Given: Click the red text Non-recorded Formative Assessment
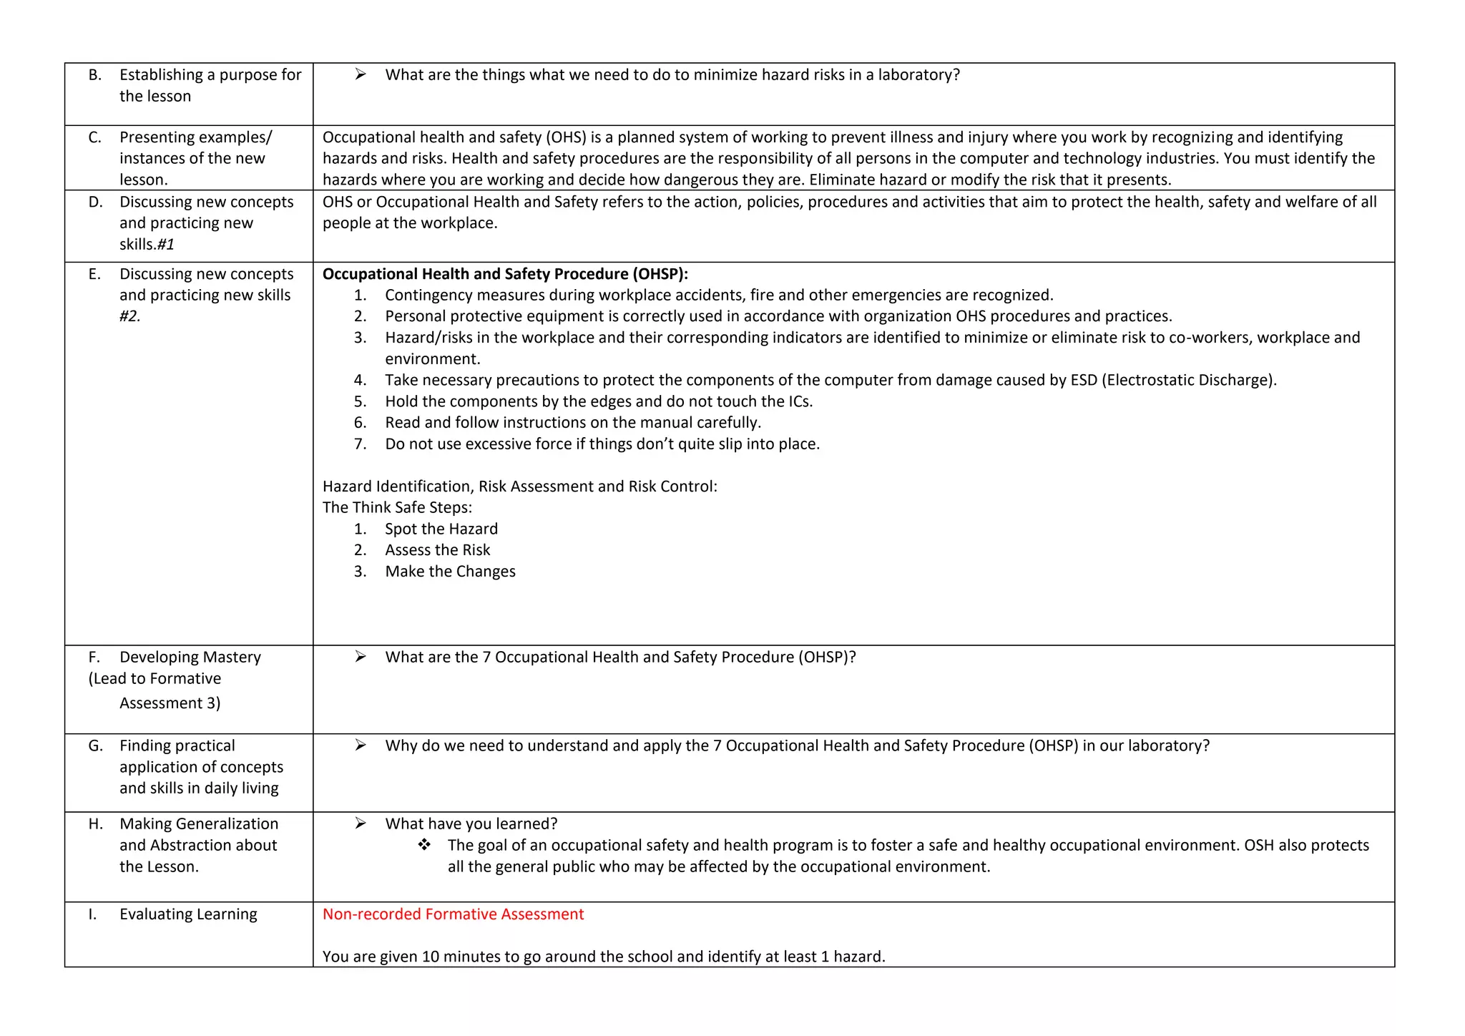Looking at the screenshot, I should pyautogui.click(x=453, y=914).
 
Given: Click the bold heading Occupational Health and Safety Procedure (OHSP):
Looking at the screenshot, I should pyautogui.click(x=505, y=274).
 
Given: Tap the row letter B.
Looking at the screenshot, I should pyautogui.click(x=95, y=75).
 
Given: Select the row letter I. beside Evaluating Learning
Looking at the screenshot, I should pyautogui.click(x=92, y=914).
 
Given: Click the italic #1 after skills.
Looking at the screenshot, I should pyautogui.click(x=166, y=245).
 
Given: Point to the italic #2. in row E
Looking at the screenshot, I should pyautogui.click(x=129, y=316).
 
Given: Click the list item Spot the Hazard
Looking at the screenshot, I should pyautogui.click(x=441, y=529).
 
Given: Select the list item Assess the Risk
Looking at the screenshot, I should pyautogui.click(x=437, y=550).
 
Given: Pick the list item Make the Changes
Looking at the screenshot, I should pyautogui.click(x=450, y=572).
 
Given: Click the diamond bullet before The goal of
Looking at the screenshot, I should pyautogui.click(x=424, y=845).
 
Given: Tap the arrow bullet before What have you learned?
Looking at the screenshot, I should pyautogui.click(x=361, y=824).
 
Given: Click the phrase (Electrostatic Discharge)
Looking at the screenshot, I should pyautogui.click(x=1189, y=380).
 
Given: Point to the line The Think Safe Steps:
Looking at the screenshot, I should pyautogui.click(x=397, y=507).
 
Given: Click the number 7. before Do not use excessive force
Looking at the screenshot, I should pyautogui.click(x=360, y=444).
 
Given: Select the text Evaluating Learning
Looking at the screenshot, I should pyautogui.click(x=188, y=914).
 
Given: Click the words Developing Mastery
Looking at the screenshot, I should pyautogui.click(x=190, y=657).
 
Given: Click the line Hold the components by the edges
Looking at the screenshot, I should pyautogui.click(x=598, y=401).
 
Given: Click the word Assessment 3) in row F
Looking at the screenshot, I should pyautogui.click(x=170, y=703).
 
